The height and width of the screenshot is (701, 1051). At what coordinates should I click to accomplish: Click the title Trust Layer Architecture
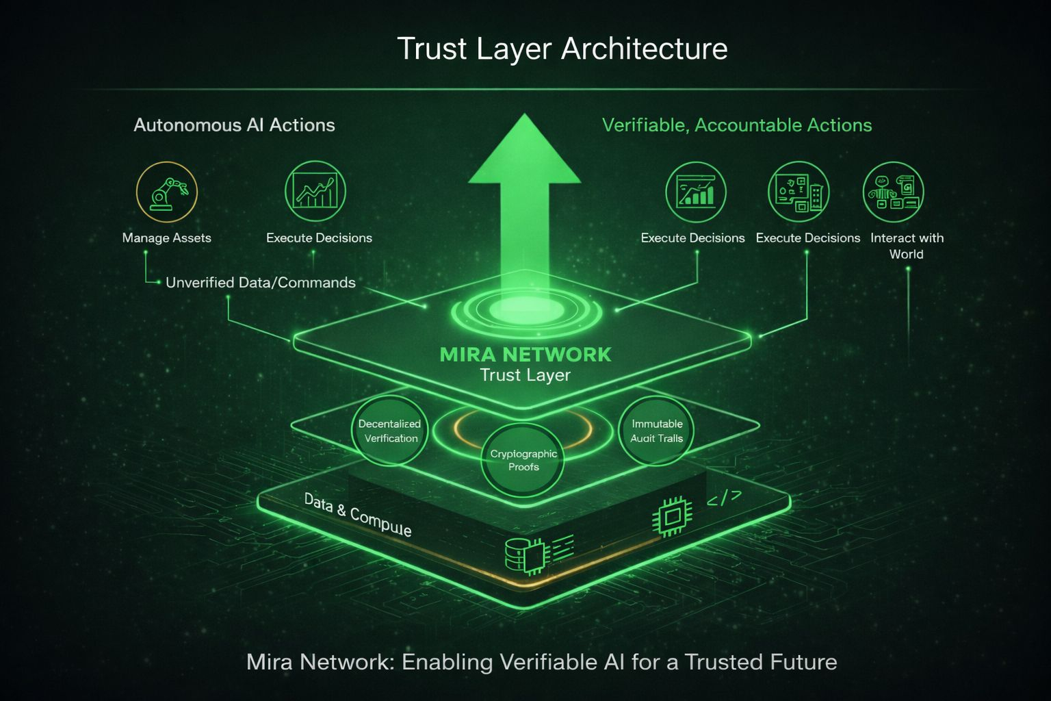point(562,49)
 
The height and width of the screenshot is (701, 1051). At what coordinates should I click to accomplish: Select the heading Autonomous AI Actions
point(234,125)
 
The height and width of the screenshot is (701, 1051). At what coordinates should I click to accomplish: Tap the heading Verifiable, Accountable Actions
point(736,125)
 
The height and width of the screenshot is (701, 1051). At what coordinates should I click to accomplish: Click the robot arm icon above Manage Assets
point(167,192)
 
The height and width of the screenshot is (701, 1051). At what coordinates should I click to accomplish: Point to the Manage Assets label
point(166,238)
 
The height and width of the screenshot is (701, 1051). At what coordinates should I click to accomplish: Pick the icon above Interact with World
point(893,192)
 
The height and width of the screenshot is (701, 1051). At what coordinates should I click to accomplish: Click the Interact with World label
point(907,246)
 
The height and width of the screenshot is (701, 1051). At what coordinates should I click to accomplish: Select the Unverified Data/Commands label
point(260,283)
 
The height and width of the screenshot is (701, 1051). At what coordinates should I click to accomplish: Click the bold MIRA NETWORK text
point(525,355)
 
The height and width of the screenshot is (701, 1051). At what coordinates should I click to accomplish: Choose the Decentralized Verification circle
point(389,431)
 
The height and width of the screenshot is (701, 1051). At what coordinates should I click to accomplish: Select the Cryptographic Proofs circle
point(523,460)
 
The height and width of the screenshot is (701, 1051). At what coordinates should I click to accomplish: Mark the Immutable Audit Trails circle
point(656,431)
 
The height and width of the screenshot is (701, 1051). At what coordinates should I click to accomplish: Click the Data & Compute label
point(357,515)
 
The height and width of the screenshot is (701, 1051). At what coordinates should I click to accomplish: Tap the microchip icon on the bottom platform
point(671,515)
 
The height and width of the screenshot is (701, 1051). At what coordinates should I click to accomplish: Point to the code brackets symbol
point(723,499)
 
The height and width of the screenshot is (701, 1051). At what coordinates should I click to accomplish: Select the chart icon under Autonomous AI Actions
point(315,192)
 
